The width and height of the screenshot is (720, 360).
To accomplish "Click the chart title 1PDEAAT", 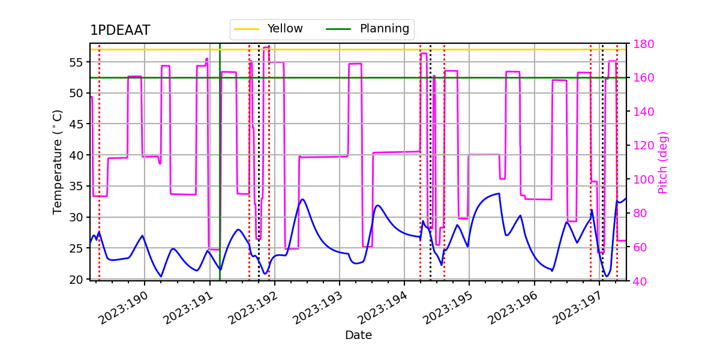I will [120, 31].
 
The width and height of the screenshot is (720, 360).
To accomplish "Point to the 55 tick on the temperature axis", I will [75, 62].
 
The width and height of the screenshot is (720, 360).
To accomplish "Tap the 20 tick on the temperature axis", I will [75, 279].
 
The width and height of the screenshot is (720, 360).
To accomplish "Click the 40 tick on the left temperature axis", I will [75, 155].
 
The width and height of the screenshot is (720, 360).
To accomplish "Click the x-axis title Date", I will [358, 335].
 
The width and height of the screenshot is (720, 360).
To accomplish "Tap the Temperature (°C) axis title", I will [58, 161].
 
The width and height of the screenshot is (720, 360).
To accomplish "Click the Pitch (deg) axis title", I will [663, 162].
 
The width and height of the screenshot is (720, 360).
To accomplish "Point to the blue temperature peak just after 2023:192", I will [302, 199].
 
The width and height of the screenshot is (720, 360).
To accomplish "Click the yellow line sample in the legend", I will [247, 29].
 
